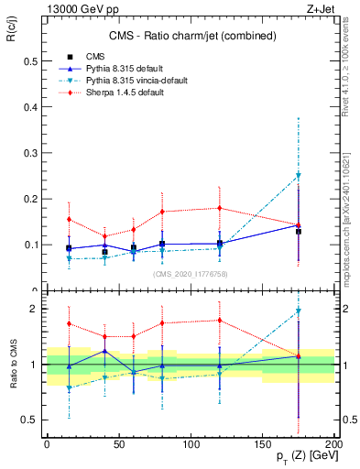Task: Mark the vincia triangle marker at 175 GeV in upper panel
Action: click(298, 176)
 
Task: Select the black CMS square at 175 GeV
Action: click(298, 231)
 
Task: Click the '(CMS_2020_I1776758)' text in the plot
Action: click(190, 273)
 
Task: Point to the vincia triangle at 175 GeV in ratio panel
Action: click(298, 311)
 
